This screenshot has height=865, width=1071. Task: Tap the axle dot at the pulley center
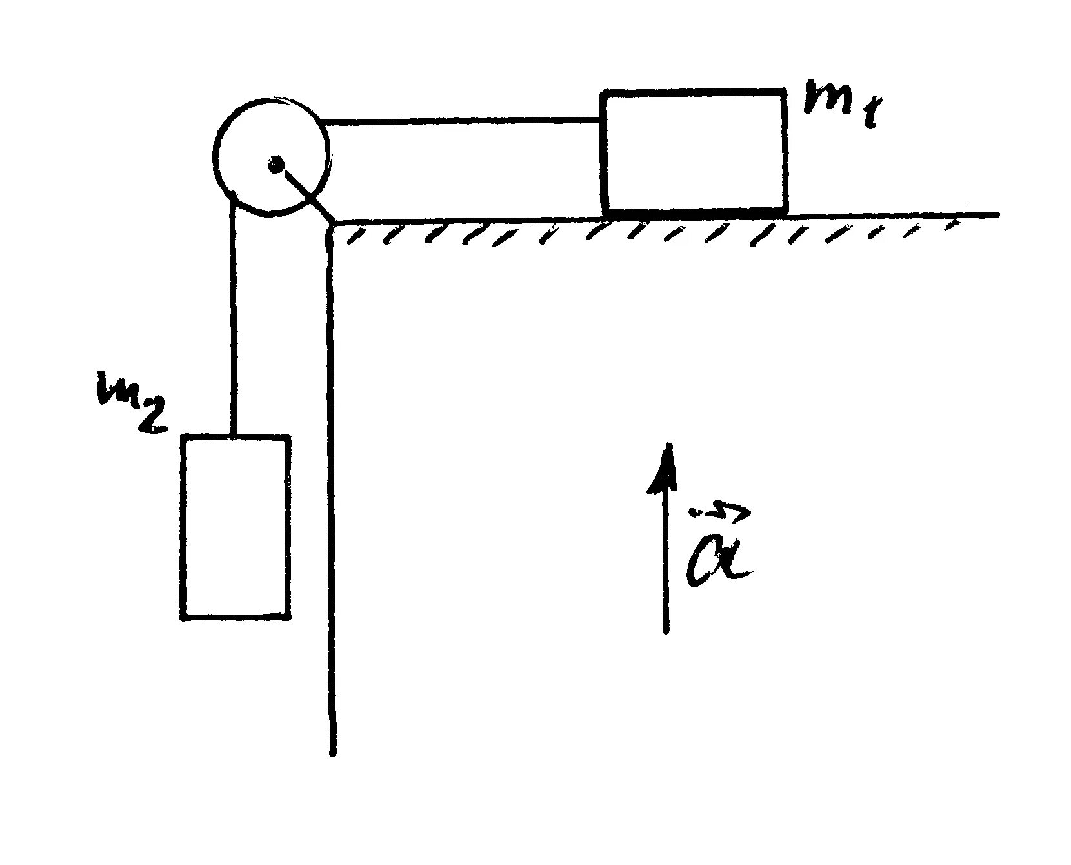click(x=275, y=165)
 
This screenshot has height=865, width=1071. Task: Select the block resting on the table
click(x=694, y=152)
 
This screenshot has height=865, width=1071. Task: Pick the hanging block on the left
click(x=235, y=527)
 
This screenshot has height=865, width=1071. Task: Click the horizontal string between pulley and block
click(x=461, y=121)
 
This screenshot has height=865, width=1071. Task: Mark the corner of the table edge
click(x=332, y=223)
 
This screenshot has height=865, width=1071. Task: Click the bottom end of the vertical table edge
click(x=333, y=752)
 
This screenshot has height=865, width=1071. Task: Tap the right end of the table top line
click(x=997, y=214)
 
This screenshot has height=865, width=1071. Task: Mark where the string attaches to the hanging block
click(x=234, y=436)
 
